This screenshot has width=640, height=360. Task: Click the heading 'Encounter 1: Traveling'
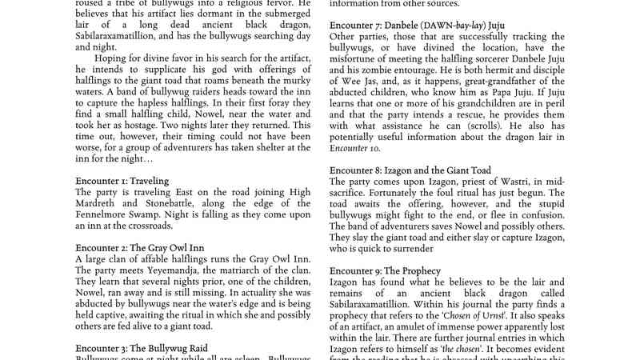[122, 181]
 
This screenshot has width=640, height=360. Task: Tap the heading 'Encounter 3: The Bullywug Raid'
[139, 349]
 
